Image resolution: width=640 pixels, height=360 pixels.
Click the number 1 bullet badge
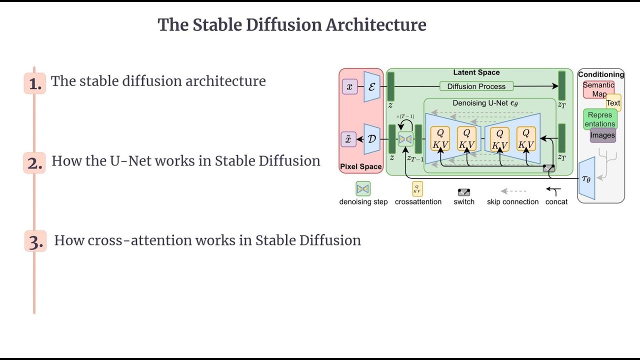pyautogui.click(x=35, y=83)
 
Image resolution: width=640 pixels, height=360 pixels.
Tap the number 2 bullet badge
pyautogui.click(x=34, y=163)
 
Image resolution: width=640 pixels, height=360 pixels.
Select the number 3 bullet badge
pyautogui.click(x=35, y=242)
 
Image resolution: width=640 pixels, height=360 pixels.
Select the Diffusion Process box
pyautogui.click(x=476, y=86)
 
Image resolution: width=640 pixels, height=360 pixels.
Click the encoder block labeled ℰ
pyautogui.click(x=371, y=86)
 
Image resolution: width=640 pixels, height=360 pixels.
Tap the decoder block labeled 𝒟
pyautogui.click(x=371, y=139)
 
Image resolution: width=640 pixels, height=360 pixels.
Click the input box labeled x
pyautogui.click(x=349, y=86)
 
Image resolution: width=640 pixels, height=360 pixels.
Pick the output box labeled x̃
pyautogui.click(x=348, y=139)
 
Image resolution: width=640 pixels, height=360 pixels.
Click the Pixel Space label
pyautogui.click(x=360, y=166)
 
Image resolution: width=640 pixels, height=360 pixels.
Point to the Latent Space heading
pyautogui.click(x=476, y=72)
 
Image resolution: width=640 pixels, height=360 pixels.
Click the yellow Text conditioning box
pyautogui.click(x=613, y=103)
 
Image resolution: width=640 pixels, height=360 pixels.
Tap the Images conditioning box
pyautogui.click(x=602, y=135)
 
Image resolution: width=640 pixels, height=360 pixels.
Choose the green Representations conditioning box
pyautogui.click(x=600, y=119)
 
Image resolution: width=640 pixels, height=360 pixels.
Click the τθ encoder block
pyautogui.click(x=586, y=178)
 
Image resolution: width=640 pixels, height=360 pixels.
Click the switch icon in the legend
pyautogui.click(x=464, y=192)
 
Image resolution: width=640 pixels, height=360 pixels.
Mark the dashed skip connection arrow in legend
pyautogui.click(x=513, y=191)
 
